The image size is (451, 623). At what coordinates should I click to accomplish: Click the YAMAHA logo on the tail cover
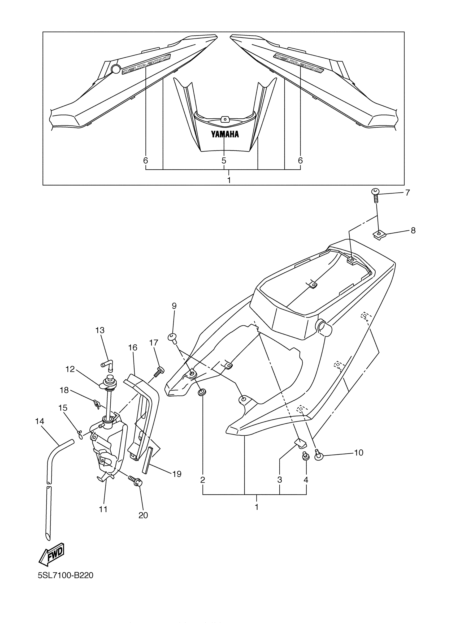224,134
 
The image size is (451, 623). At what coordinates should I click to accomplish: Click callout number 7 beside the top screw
407,193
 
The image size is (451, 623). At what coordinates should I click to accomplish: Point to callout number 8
413,230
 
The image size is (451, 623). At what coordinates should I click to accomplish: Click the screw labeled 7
375,195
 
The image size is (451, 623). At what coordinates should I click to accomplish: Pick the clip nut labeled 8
379,234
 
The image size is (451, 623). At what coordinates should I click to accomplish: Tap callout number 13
100,330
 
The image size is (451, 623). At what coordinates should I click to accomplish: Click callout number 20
143,515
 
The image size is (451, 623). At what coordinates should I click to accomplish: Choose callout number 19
177,474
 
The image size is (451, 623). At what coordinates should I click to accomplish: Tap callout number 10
359,452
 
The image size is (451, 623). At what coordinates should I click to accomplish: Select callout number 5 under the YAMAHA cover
224,160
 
